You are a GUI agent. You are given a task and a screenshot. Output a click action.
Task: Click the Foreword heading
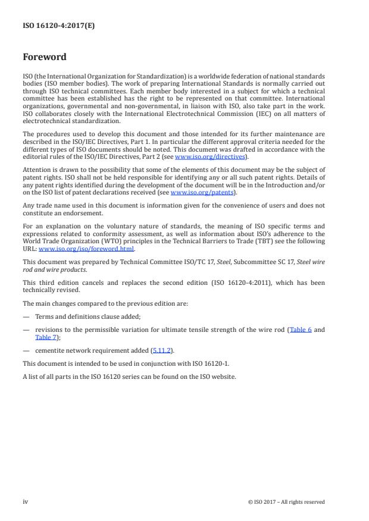point(44,58)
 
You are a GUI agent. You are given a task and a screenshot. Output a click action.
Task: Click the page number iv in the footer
point(26,502)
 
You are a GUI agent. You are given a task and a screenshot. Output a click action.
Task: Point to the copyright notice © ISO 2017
point(286,502)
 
